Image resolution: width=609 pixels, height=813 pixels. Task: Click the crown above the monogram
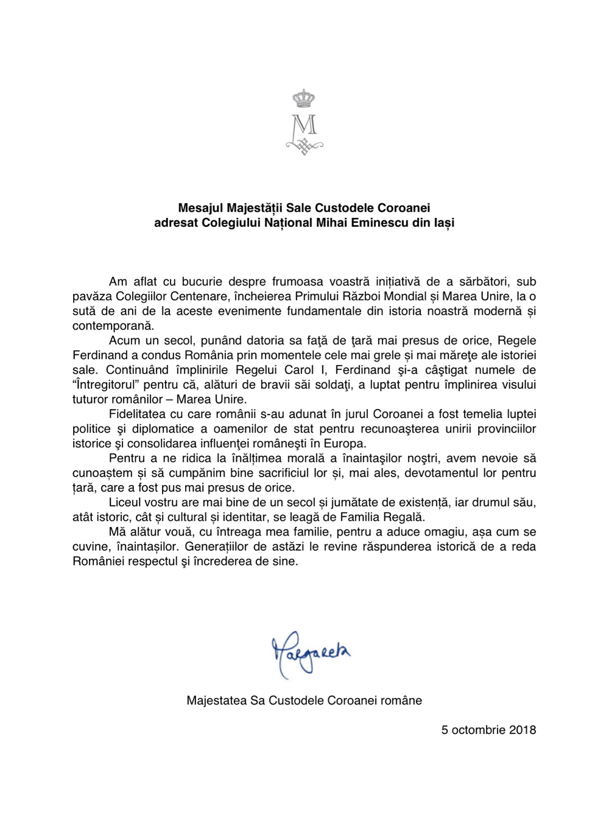304,98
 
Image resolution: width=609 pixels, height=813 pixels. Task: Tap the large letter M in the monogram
304,125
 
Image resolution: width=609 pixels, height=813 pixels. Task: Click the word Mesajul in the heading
197,208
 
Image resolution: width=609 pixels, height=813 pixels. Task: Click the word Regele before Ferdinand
515,340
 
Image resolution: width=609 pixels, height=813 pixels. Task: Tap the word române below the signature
401,700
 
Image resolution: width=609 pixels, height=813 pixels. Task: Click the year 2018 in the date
522,729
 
